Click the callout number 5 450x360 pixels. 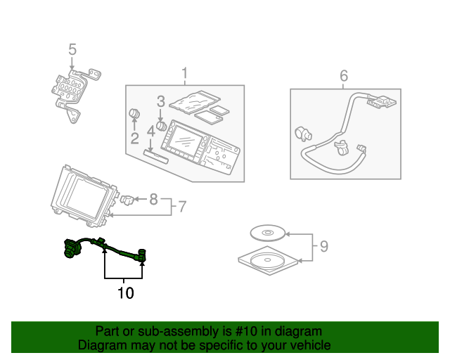[x=72, y=49]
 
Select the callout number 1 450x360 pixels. [x=185, y=73]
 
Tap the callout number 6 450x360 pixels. [x=344, y=75]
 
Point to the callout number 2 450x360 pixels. [x=134, y=139]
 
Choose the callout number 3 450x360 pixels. [x=160, y=101]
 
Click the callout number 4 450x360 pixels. [x=150, y=131]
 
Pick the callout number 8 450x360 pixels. [x=154, y=200]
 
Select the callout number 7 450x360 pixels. [x=181, y=207]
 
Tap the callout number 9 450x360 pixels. [x=323, y=246]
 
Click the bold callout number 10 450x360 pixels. [x=125, y=292]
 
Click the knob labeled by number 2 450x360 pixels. [x=134, y=115]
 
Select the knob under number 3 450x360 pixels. [x=161, y=127]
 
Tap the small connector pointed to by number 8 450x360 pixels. [x=127, y=200]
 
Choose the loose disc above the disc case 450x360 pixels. [x=267, y=233]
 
